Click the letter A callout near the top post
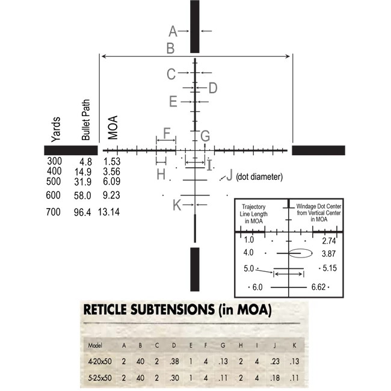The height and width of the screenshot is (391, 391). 173,31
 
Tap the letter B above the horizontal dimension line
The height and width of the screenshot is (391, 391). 171,48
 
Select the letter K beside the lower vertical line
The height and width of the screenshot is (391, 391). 177,205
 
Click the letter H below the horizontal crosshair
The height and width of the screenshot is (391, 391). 161,174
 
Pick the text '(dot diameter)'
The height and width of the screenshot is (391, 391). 259,177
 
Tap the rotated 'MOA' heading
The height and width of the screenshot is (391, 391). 112,128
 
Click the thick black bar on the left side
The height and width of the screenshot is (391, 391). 70,150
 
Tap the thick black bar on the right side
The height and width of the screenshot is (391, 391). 318,150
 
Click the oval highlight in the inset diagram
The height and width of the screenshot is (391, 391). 300,253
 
